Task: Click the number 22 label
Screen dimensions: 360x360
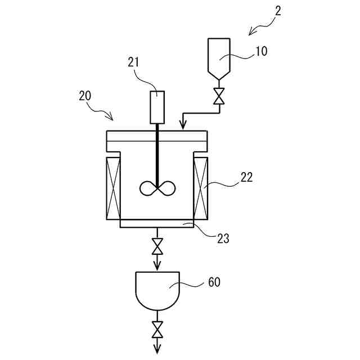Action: (246, 178)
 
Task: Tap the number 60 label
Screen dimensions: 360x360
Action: (214, 282)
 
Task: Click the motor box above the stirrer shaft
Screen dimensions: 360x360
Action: (157, 107)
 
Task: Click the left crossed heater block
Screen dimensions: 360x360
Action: (113, 188)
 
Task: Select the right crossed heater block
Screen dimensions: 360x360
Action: (201, 188)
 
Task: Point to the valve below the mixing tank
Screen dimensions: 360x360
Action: (157, 246)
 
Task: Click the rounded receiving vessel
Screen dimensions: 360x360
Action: (157, 290)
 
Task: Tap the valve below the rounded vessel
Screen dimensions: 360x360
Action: (157, 327)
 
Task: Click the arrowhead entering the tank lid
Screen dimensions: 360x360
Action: (182, 125)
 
